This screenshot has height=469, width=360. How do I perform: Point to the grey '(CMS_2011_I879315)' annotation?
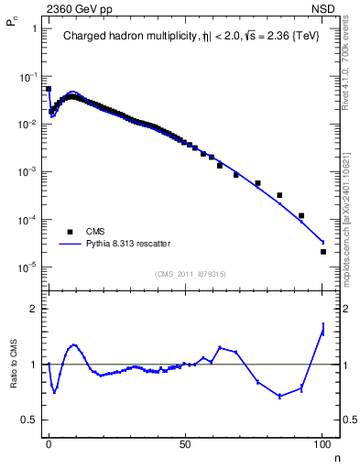[x=191, y=273]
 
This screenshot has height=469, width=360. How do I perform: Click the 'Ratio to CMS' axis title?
[x=14, y=364]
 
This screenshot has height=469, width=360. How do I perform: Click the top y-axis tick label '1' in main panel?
[x=33, y=28]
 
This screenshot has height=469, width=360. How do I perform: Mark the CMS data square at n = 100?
[x=322, y=252]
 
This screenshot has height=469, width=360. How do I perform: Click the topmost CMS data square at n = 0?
[x=49, y=89]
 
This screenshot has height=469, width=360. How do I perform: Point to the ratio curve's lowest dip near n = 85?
[x=280, y=396]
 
